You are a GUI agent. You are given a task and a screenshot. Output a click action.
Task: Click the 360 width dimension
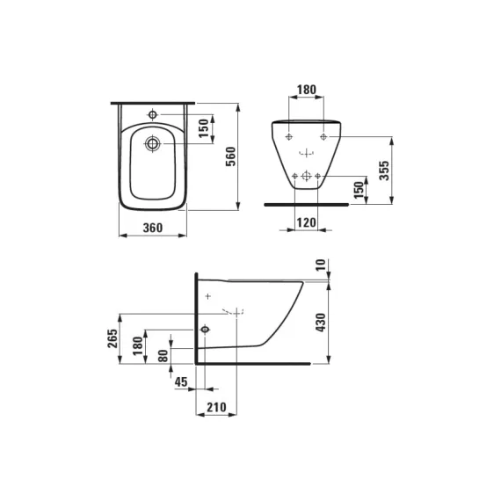(153, 228)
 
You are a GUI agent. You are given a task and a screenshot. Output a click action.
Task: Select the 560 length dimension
(230, 156)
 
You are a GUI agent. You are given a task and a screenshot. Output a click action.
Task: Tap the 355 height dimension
(384, 171)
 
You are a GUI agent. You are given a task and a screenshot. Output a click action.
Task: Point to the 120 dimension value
(306, 222)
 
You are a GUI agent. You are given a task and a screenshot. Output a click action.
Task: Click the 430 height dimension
(321, 323)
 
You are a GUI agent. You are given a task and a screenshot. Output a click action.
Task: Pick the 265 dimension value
(113, 338)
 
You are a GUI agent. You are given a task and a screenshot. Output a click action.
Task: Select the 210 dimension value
(216, 407)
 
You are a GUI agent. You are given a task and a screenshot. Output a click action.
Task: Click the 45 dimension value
(181, 381)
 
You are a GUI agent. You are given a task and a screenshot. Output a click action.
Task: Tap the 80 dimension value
(163, 356)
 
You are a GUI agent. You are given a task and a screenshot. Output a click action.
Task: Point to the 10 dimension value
(321, 265)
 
